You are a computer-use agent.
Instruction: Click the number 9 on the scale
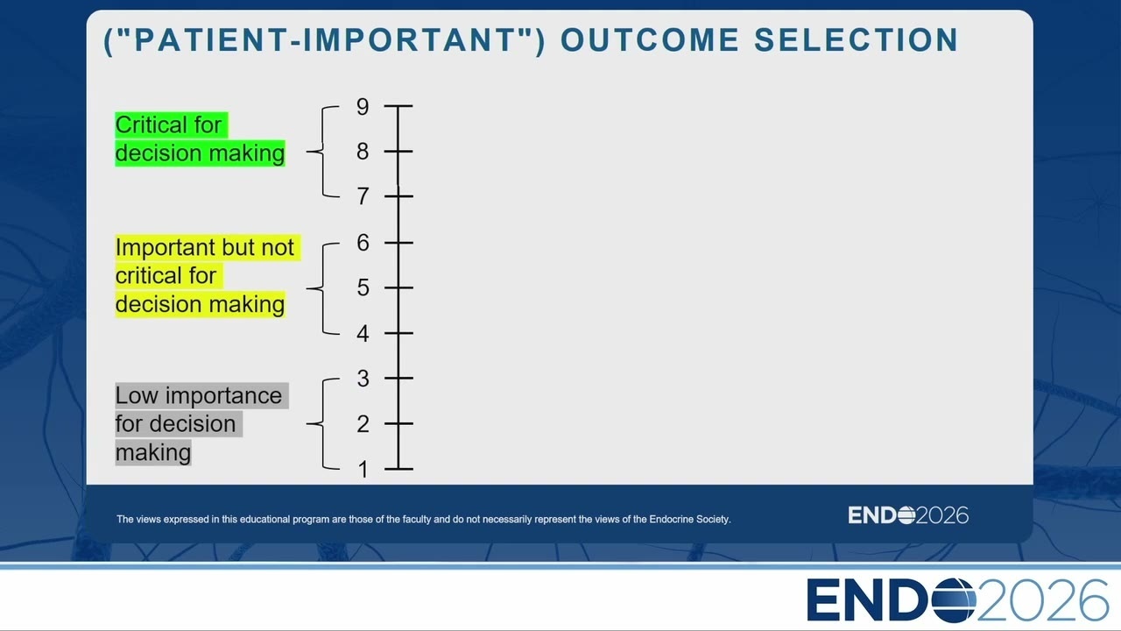click(x=363, y=107)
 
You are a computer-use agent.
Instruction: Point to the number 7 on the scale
click(x=363, y=196)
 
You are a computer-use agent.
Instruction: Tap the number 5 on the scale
click(x=363, y=288)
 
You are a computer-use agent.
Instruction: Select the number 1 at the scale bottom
click(x=363, y=470)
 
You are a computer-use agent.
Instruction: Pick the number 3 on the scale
click(x=363, y=379)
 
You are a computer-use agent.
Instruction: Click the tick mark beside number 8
click(x=398, y=152)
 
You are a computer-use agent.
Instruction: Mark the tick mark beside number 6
click(x=398, y=243)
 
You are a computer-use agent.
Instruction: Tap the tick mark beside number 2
click(x=398, y=423)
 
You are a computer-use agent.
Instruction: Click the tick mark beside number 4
click(x=398, y=333)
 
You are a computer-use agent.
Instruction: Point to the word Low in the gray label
click(x=137, y=396)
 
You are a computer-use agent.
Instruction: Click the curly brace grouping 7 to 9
click(x=322, y=152)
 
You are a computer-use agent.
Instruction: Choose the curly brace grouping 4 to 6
click(x=322, y=288)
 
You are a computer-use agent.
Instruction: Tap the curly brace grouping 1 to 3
click(x=322, y=423)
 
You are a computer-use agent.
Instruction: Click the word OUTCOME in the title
click(x=650, y=40)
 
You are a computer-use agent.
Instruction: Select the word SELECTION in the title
click(x=857, y=40)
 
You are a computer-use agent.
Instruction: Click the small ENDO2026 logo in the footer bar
click(x=908, y=515)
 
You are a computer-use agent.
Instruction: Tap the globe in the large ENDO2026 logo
click(x=953, y=600)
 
